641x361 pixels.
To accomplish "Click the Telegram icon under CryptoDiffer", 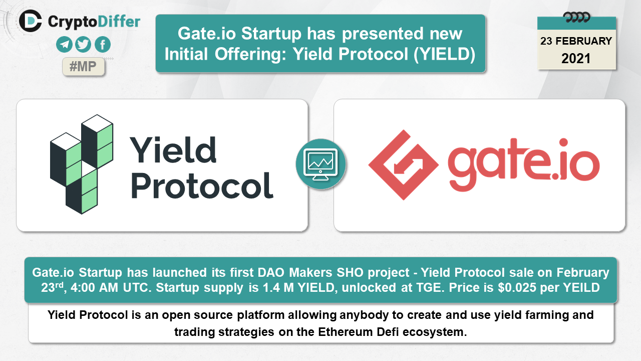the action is click(x=64, y=45).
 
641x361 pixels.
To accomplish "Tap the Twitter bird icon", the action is click(x=83, y=45).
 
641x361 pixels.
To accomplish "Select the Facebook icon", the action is click(x=103, y=45).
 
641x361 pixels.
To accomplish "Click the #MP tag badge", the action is click(x=83, y=67).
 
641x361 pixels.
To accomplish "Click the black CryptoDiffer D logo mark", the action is click(x=31, y=21).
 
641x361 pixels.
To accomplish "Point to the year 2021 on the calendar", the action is click(x=576, y=59).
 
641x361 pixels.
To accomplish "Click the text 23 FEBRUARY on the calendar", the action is click(x=576, y=41).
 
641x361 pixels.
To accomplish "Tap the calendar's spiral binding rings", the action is click(x=576, y=18).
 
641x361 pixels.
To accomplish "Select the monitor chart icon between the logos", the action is click(x=320, y=164).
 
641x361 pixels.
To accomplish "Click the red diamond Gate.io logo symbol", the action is click(x=404, y=165).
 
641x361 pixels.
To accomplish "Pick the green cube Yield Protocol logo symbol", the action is click(x=82, y=164).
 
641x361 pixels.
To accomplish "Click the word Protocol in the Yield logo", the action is click(x=202, y=186).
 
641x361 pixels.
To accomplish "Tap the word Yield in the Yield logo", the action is click(x=173, y=149).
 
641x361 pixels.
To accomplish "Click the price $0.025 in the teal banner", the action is click(x=517, y=288).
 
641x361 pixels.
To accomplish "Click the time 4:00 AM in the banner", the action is click(x=95, y=288).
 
